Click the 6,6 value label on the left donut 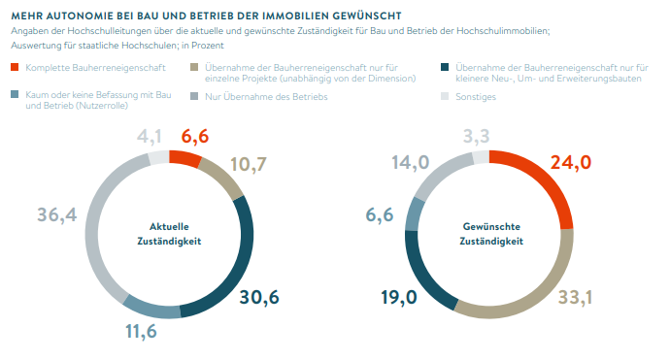pos(195,137)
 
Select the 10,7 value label pos(247,165)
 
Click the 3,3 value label pos(477,137)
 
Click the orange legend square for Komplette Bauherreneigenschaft pos(15,67)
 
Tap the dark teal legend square pos(445,67)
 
